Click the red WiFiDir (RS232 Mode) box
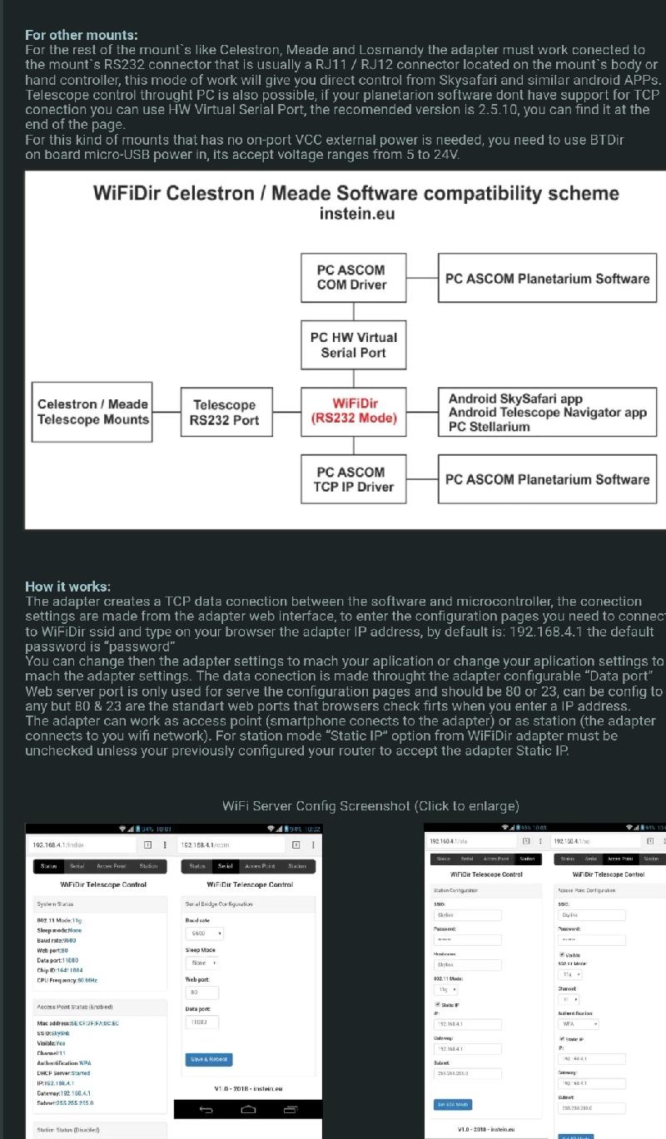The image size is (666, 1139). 354,411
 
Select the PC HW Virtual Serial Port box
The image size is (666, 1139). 354,344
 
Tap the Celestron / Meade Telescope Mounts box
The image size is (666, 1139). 93,411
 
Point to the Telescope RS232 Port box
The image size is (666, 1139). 224,412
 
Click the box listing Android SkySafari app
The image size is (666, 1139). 547,413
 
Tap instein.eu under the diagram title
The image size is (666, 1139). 356,214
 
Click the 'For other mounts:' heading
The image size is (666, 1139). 82,35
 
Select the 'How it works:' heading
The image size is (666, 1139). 68,587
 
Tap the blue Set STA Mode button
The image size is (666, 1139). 452,1104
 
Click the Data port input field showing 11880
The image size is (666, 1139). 202,1021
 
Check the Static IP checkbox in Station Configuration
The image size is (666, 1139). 438,1005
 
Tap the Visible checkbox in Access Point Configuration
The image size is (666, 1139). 562,954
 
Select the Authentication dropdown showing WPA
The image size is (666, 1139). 579,1024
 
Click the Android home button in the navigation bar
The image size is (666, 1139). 248,1109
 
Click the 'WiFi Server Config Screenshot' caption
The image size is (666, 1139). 370,805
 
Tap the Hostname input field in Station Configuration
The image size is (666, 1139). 468,965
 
